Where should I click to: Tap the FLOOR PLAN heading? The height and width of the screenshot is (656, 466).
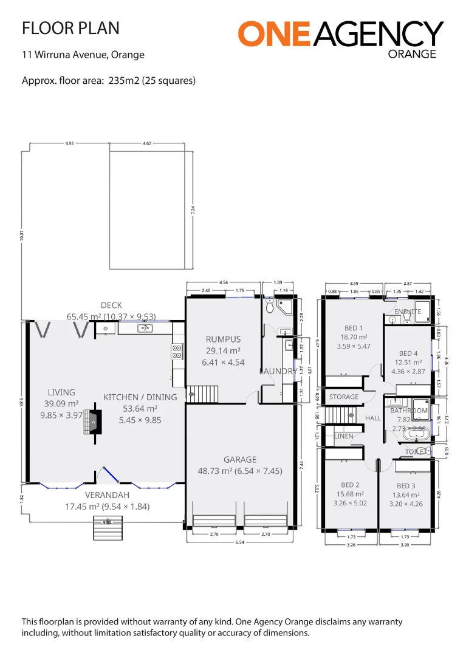coord(70,28)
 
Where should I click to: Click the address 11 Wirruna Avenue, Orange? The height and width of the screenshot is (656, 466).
coord(83,55)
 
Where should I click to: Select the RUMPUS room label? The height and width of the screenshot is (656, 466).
coord(223,340)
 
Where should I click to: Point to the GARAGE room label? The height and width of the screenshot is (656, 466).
coord(240,460)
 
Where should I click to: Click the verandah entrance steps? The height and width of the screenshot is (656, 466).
coord(107,527)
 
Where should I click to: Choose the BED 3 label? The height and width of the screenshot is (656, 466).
coord(406,486)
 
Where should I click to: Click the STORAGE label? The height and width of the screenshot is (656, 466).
coord(344,397)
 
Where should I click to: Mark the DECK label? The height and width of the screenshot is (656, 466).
coord(111,306)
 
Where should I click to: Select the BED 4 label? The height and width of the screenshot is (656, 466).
coord(408,354)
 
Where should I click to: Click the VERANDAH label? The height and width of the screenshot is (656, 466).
coord(107,494)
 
